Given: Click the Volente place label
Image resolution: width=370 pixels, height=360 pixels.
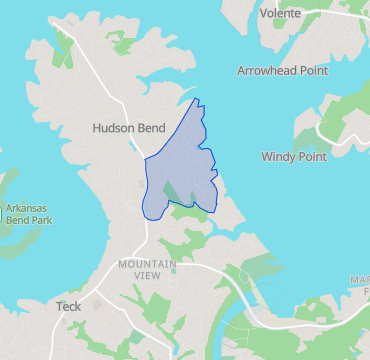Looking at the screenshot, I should [279, 13].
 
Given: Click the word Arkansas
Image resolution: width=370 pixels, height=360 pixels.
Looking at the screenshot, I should [28, 209].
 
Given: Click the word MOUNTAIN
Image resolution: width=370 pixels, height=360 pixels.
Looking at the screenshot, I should [147, 264].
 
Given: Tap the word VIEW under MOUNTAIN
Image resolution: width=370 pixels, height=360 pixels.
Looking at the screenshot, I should [147, 275].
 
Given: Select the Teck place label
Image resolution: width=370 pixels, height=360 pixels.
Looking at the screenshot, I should [69, 307].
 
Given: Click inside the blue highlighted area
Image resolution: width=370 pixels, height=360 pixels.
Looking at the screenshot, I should [185, 150].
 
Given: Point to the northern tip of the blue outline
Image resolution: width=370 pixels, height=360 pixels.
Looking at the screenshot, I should [196, 99].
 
